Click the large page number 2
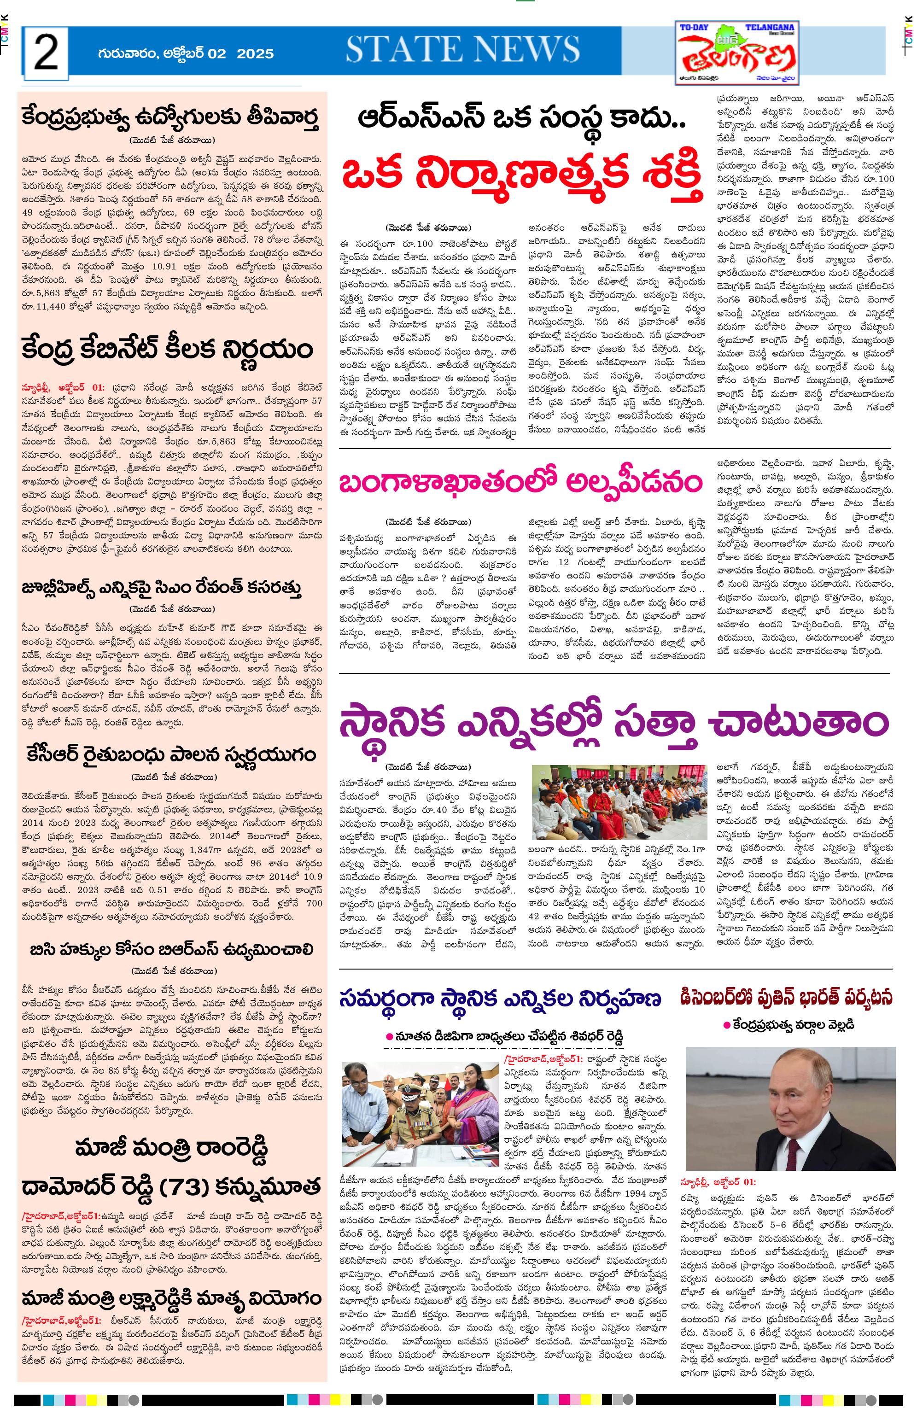pos(46,53)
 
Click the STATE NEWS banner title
pos(463,49)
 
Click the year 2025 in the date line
pos(256,53)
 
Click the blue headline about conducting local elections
pos(500,999)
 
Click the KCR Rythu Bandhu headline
pos(171,755)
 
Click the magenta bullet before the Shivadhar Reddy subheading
pos(390,1037)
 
